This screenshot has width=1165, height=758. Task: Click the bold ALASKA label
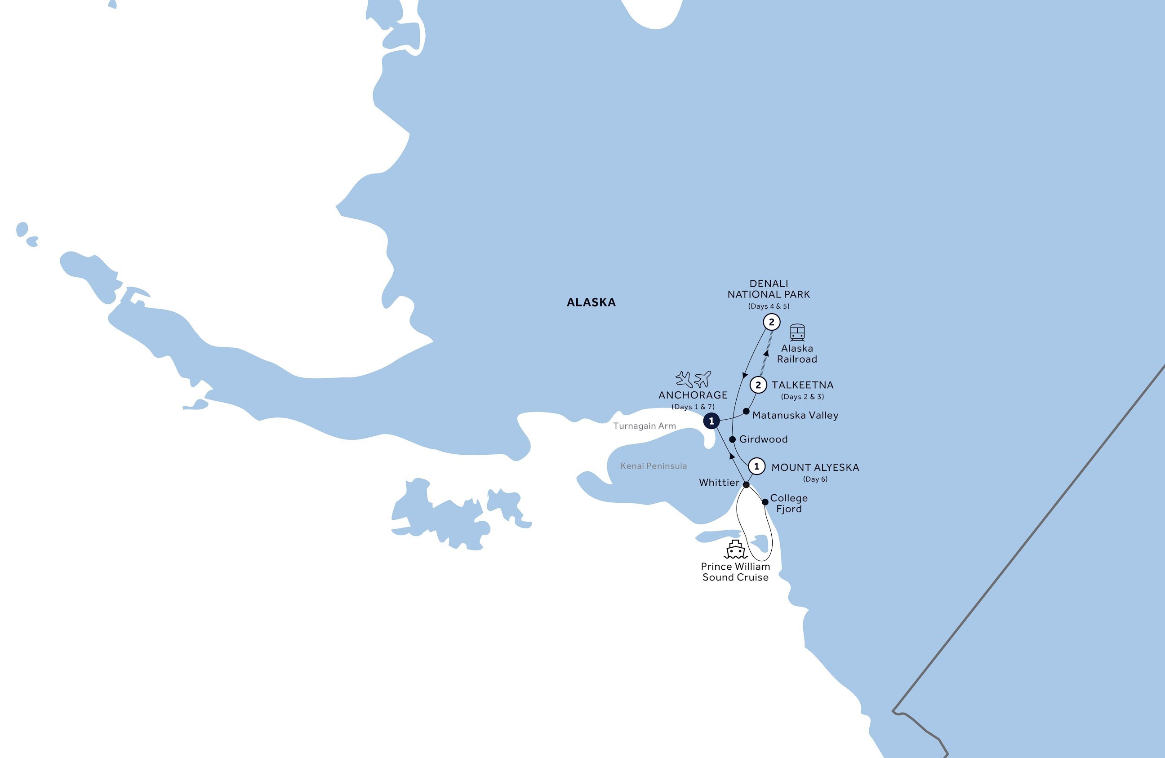[x=591, y=302]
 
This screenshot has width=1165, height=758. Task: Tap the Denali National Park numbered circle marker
[x=771, y=322]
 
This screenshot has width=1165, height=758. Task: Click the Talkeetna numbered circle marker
[x=758, y=385]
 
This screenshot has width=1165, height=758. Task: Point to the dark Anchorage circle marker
[x=711, y=421]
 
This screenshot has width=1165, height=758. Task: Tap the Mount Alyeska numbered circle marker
[x=757, y=466]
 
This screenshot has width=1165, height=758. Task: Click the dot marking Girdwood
[x=732, y=439]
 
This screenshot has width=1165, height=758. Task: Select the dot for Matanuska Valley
[x=747, y=412]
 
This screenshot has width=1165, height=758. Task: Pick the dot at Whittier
[x=747, y=485]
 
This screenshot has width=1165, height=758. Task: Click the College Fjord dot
[x=765, y=501]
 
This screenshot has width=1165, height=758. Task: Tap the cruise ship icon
[x=735, y=550]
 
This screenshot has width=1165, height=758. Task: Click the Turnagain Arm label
[x=644, y=426]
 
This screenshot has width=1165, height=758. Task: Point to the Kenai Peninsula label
[x=654, y=466]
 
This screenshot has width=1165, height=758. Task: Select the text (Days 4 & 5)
[x=769, y=306]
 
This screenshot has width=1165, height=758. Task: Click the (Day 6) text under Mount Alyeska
[x=815, y=479]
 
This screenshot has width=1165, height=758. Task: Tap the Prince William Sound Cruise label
[x=735, y=572]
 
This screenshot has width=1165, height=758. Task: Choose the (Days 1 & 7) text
[x=693, y=407]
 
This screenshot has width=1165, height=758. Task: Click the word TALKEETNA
[x=802, y=385]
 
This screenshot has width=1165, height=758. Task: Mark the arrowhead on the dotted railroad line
[x=766, y=353]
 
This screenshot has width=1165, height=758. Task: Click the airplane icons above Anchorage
[x=693, y=379]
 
